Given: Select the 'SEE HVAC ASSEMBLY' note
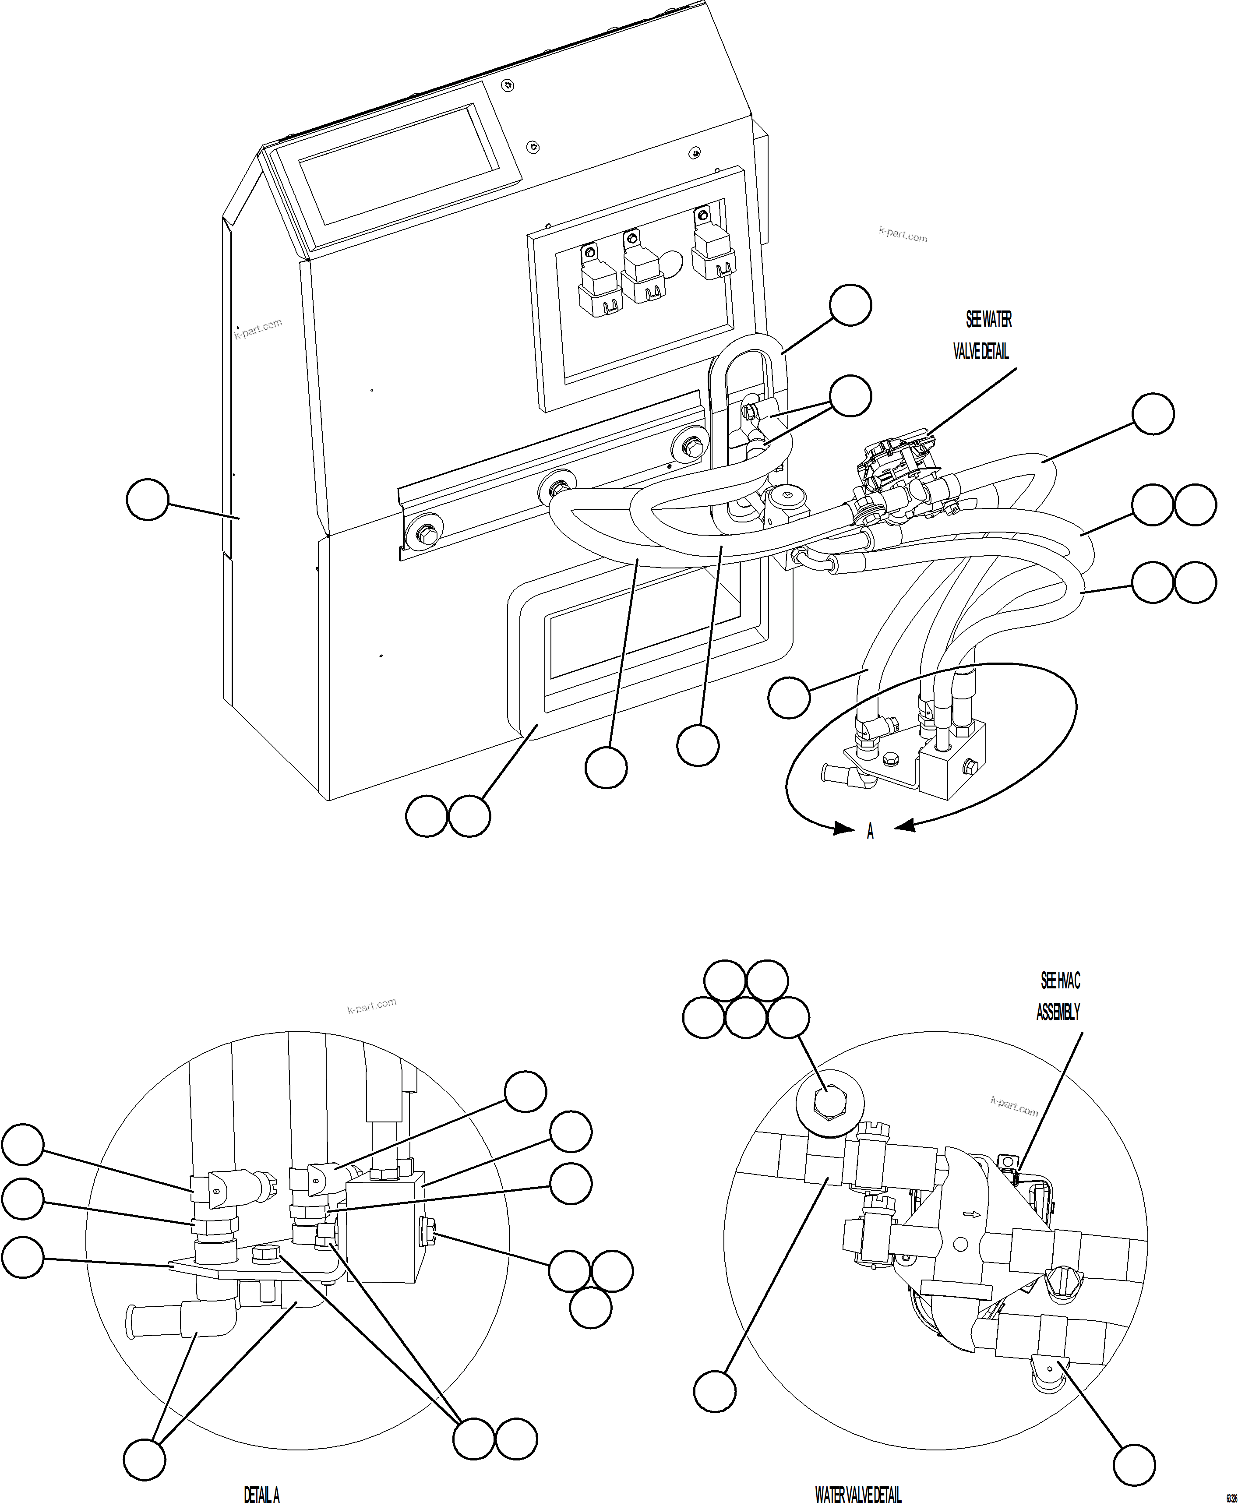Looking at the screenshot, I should [x=1059, y=996].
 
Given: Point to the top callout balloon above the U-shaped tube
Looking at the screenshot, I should [x=850, y=305].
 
